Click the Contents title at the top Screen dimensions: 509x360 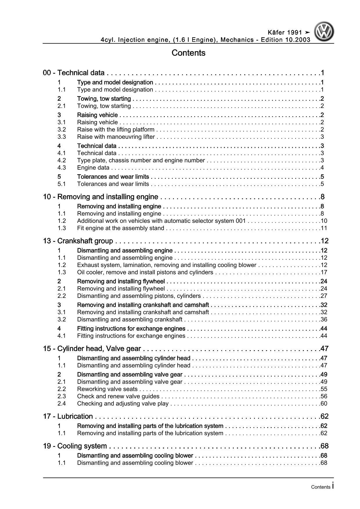(188, 53)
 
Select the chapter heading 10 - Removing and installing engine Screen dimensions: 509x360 (100, 197)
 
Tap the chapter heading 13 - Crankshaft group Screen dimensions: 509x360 (78, 241)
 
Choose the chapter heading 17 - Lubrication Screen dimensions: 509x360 (68, 416)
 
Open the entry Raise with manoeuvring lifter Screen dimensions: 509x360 (116, 137)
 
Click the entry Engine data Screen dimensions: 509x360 (93, 168)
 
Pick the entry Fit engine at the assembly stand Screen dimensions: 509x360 (120, 228)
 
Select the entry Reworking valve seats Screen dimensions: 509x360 (107, 389)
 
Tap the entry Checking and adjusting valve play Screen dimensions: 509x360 (123, 404)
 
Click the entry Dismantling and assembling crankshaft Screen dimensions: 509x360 (129, 319)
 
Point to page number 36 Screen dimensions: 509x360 (324, 319)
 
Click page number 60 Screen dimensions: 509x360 (324, 404)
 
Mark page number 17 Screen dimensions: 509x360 (324, 272)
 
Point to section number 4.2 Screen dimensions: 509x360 (62, 160)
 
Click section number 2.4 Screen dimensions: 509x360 (62, 404)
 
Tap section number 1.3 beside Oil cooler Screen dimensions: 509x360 (62, 272)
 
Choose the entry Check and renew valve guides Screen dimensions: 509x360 (118, 396)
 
